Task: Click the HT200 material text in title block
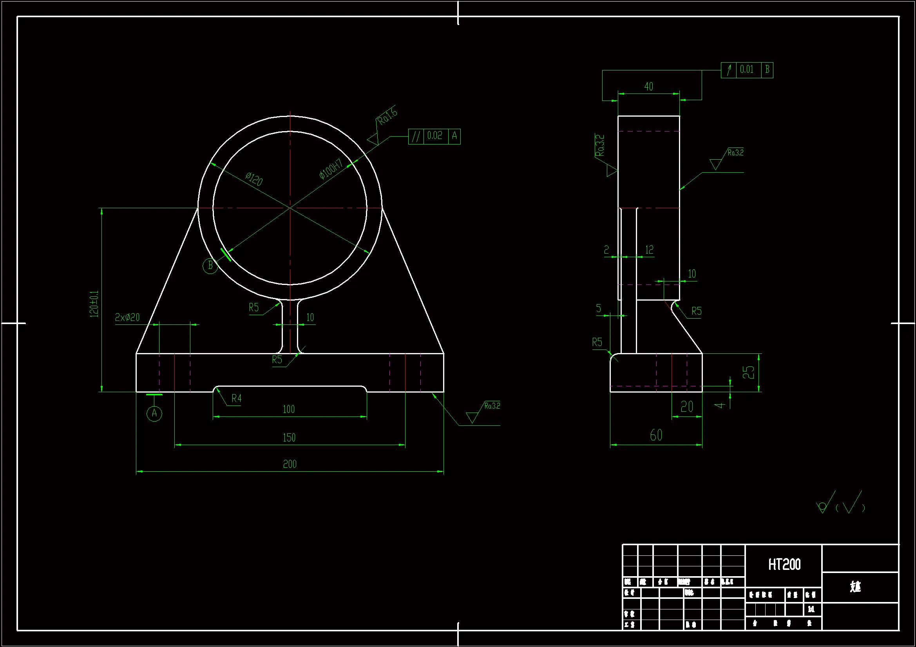coord(784,564)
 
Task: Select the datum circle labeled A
coord(154,413)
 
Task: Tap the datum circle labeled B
coord(210,265)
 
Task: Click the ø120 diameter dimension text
coord(254,179)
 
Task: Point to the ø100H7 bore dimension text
coord(331,169)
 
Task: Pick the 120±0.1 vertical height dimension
coord(94,304)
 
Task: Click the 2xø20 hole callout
coord(127,317)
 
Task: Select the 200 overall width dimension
coord(290,464)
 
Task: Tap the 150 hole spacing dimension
coord(289,438)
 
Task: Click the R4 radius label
coord(237,398)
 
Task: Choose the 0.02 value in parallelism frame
coord(435,136)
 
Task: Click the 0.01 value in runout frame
coord(747,70)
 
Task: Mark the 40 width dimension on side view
coord(649,87)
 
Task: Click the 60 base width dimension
coord(656,435)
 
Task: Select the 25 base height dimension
coord(748,372)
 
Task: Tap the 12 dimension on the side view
coord(650,250)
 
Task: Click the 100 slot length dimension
coord(289,409)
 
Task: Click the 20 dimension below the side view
coord(687,407)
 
